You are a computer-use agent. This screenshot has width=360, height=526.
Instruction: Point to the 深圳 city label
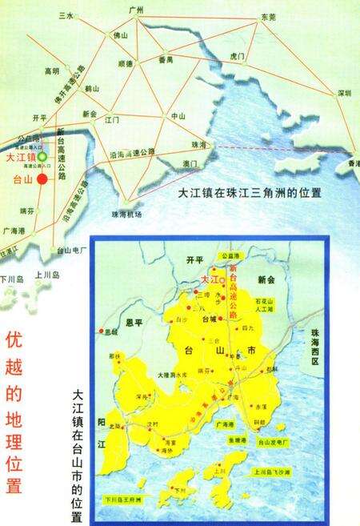point(344,92)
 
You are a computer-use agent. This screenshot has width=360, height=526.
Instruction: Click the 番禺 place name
point(166,59)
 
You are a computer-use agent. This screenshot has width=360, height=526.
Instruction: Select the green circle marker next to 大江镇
point(43,158)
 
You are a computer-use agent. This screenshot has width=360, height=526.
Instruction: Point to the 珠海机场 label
point(126,214)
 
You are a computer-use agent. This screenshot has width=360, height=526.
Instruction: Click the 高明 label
point(51,71)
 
